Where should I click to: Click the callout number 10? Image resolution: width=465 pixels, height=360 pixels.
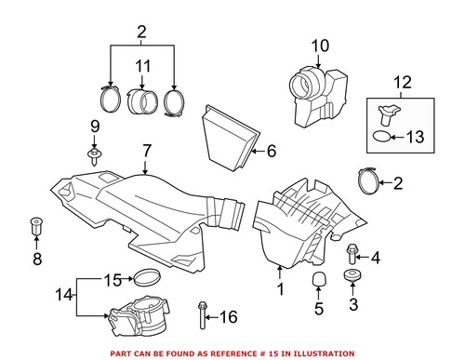point(319,45)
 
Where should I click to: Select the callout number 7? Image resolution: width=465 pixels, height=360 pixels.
point(146,150)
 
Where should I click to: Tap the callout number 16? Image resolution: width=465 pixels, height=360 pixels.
point(227,317)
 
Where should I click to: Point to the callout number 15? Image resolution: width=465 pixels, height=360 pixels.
point(113,278)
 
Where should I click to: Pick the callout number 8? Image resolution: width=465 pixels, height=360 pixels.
point(37,260)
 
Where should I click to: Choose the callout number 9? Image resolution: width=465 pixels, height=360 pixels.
point(94,126)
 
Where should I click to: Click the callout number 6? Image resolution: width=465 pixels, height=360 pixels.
point(272,150)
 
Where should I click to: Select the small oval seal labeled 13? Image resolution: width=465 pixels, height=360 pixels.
point(381,138)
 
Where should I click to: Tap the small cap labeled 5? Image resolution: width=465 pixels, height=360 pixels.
point(318,282)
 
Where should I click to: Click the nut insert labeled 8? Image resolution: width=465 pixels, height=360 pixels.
point(37,226)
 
